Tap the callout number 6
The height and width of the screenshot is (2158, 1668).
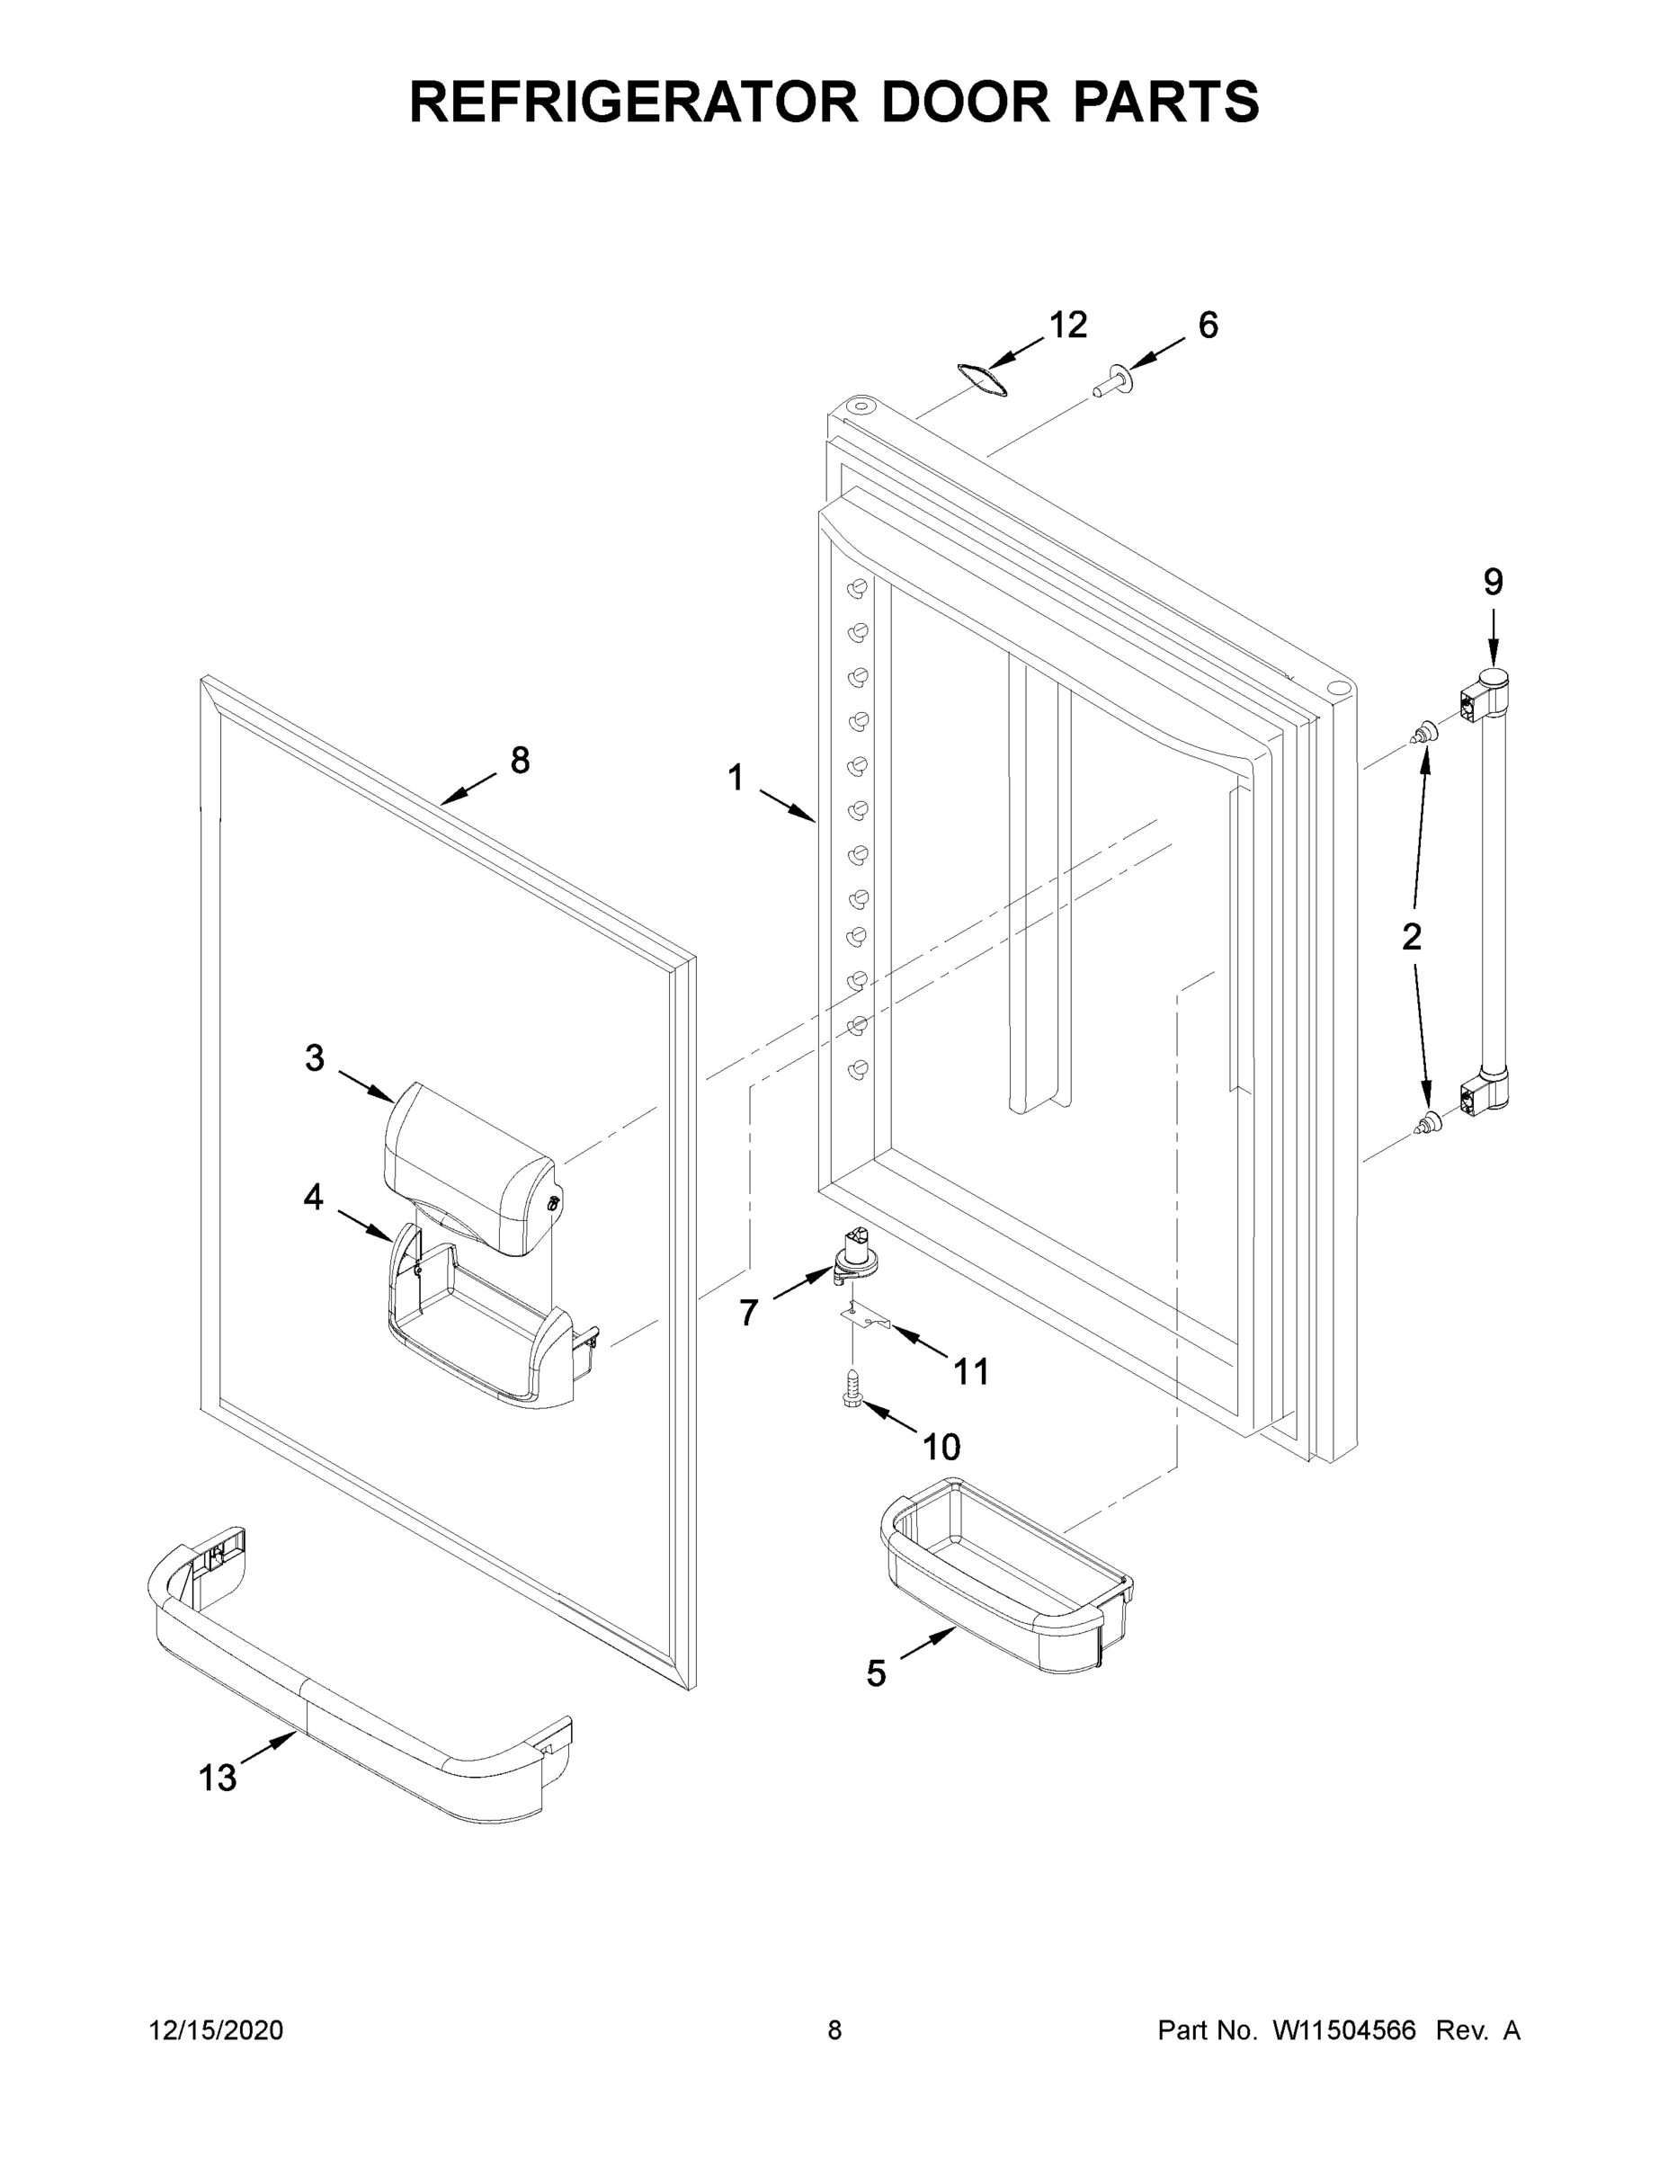click(x=1208, y=325)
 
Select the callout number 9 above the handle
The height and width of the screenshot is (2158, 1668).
click(x=1492, y=582)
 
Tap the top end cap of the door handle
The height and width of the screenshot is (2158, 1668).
click(x=1492, y=681)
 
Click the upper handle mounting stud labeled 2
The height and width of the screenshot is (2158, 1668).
click(x=1423, y=733)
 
